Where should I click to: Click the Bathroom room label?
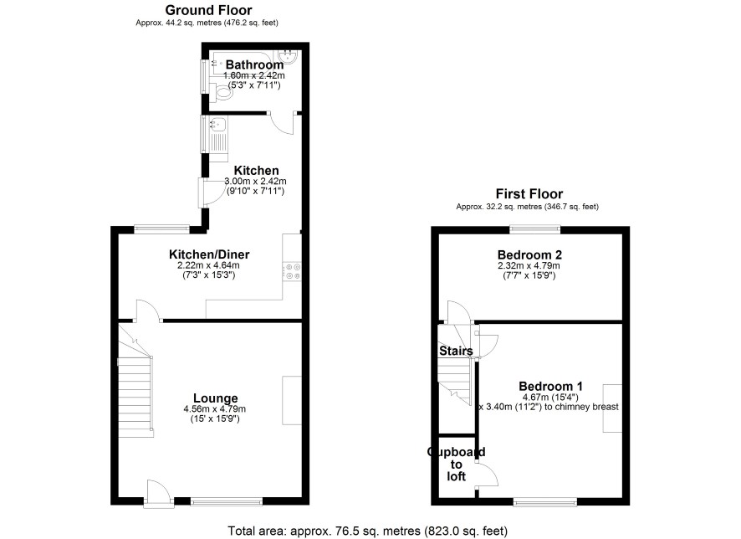tap(255, 64)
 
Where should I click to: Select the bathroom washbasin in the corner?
tap(288, 56)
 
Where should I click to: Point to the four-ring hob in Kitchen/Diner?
tap(292, 272)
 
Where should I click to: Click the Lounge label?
tap(216, 398)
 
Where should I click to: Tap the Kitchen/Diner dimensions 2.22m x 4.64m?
tap(208, 265)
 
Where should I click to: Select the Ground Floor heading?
tap(208, 10)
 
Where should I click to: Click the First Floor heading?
tap(529, 194)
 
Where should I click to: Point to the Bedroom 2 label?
tap(529, 254)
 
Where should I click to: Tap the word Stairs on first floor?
tap(456, 351)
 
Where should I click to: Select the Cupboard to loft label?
tap(456, 464)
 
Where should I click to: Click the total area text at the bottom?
tap(368, 531)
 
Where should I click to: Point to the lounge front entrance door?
tap(158, 494)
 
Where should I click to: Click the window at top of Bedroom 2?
tap(535, 230)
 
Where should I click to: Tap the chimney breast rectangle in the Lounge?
tap(292, 400)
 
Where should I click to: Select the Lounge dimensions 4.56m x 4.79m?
tap(215, 409)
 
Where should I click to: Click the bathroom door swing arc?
tap(282, 124)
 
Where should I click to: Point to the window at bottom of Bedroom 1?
tap(545, 501)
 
